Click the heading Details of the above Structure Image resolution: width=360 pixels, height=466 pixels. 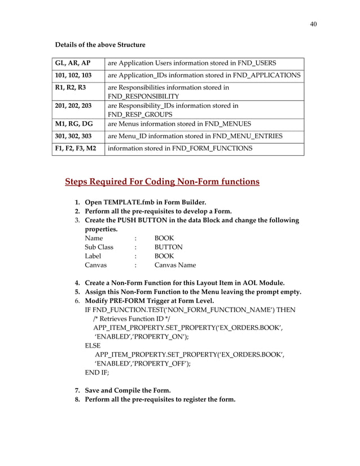tap(100, 45)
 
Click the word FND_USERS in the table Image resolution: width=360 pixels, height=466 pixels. tap(256, 63)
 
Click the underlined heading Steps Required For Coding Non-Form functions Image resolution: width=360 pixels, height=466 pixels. tap(163, 182)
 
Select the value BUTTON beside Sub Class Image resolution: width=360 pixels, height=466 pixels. tap(168, 247)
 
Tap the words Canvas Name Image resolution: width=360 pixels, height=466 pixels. tap(175, 265)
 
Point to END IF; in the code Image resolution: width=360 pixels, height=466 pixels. tap(96, 373)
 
